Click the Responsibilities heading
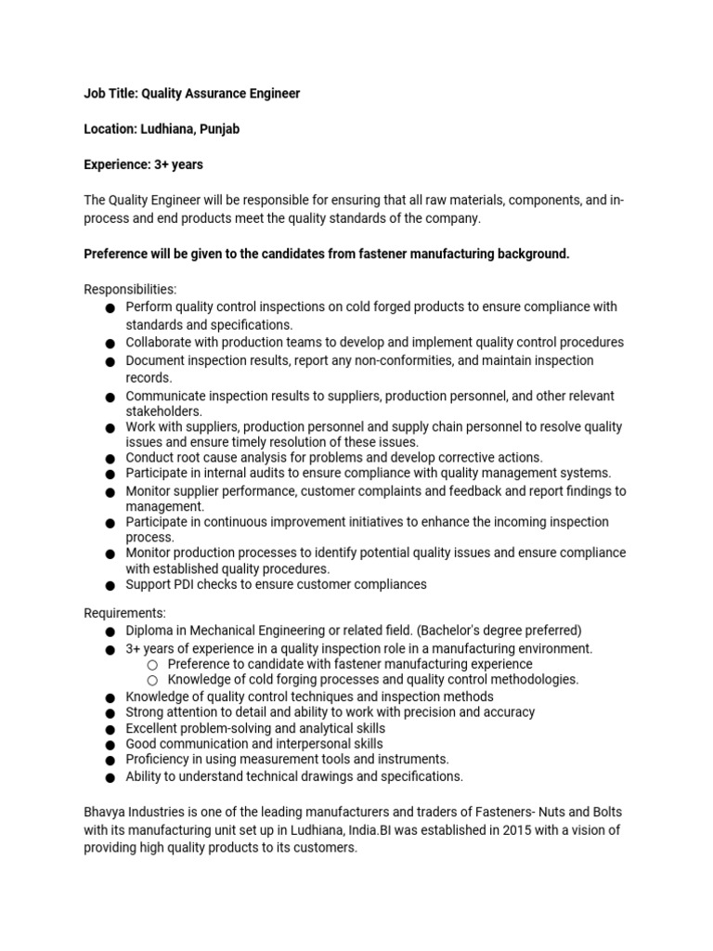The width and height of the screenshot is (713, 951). [x=130, y=289]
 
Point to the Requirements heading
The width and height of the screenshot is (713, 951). [x=125, y=613]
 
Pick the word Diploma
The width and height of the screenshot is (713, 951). [x=150, y=631]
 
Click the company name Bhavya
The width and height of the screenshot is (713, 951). [x=105, y=813]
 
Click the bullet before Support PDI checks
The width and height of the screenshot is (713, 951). [x=110, y=585]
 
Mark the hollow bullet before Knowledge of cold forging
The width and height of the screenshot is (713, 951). [x=153, y=680]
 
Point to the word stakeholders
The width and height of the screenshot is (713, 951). [x=164, y=410]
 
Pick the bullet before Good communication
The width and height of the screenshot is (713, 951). [x=110, y=745]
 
